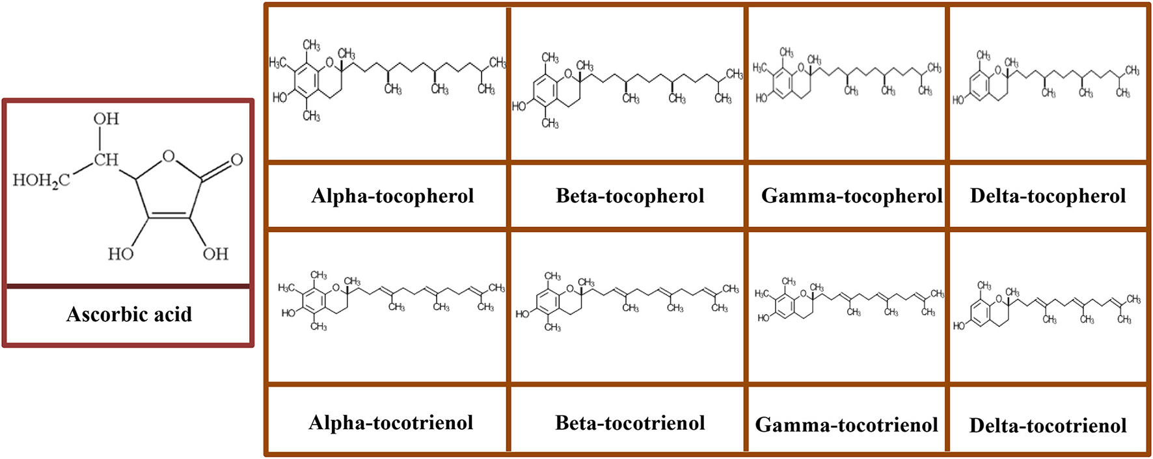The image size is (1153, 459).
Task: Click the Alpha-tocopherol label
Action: (392, 196)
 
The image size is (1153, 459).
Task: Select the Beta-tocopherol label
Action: (630, 196)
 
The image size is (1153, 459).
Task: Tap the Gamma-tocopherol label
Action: (851, 196)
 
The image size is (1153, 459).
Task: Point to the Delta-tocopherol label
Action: (1048, 196)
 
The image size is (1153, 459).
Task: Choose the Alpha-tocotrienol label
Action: (390, 423)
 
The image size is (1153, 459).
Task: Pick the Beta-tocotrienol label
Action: (630, 423)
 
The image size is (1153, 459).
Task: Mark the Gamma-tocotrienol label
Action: (847, 425)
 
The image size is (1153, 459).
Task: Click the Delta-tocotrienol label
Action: (1048, 426)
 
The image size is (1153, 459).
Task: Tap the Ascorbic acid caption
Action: (129, 315)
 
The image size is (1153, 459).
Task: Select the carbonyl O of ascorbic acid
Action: (237, 159)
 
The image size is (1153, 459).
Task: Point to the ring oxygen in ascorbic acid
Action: (169, 156)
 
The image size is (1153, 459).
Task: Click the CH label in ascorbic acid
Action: (106, 159)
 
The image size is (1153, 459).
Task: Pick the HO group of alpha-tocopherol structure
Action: (280, 98)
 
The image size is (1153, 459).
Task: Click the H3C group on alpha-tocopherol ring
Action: (278, 62)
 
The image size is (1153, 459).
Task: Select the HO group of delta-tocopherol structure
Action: (958, 100)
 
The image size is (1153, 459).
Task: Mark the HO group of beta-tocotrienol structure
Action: (522, 314)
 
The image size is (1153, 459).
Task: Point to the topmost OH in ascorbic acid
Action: (106, 119)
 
